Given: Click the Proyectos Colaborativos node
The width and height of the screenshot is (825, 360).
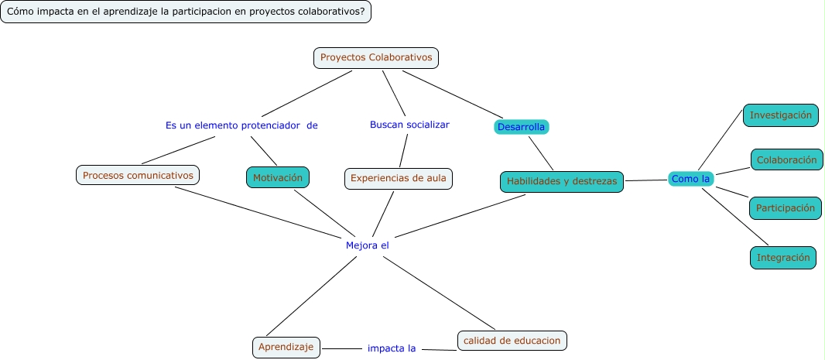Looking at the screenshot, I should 376,58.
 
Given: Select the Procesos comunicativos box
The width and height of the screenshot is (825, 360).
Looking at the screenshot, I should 138,175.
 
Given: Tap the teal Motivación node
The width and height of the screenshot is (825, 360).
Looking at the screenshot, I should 279,177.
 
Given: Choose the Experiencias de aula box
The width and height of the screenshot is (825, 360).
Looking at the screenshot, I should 398,179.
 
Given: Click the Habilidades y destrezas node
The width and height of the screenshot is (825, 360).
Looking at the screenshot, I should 561,182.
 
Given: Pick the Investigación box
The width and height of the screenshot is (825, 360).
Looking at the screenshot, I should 781,115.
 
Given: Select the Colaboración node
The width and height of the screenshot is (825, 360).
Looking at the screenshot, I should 786,160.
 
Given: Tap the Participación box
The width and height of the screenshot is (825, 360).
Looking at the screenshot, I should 785,208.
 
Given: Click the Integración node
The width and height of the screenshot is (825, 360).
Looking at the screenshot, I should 782,257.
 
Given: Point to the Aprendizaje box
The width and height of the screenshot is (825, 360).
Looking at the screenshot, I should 286,348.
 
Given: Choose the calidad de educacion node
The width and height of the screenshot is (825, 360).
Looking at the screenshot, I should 512,341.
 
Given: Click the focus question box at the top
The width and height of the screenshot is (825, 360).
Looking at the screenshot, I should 186,12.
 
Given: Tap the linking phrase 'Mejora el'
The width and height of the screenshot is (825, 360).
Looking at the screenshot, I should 367,245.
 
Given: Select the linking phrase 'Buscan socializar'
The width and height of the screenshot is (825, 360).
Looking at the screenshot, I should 409,125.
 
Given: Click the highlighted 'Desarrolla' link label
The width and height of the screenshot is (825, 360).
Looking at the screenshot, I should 521,127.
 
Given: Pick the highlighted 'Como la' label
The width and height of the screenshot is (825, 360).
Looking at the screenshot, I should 690,179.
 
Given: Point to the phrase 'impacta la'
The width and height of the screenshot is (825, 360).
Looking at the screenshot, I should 392,348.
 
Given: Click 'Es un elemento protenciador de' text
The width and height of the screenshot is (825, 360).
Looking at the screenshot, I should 241,125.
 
